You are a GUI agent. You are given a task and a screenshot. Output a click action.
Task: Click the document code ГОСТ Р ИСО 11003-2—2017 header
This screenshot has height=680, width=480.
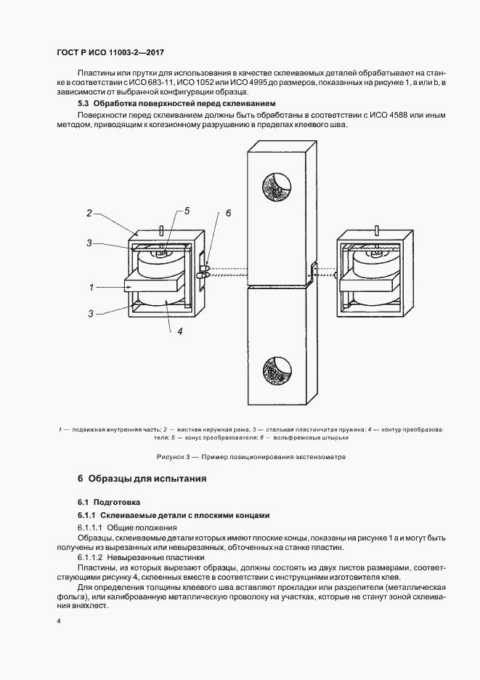(x=107, y=52)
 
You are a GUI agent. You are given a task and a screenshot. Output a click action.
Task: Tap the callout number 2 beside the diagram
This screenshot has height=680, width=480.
(x=89, y=213)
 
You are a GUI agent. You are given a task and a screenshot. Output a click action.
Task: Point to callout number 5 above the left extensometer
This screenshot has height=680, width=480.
(x=187, y=211)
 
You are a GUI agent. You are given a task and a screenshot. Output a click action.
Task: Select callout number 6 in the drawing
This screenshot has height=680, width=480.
(x=228, y=213)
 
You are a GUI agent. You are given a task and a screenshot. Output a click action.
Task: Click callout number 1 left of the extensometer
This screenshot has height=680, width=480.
(x=92, y=287)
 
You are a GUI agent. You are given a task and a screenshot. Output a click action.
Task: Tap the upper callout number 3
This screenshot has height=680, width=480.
(x=89, y=243)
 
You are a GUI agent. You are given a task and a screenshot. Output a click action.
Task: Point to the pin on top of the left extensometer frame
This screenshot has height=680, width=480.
(x=158, y=231)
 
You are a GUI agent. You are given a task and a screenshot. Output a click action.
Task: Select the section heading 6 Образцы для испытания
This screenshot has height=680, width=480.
(x=142, y=479)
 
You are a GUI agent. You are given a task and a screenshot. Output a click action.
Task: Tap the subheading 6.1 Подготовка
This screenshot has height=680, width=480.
(x=109, y=502)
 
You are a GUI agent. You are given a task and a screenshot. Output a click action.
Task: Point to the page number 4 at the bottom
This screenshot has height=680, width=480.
(x=58, y=621)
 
